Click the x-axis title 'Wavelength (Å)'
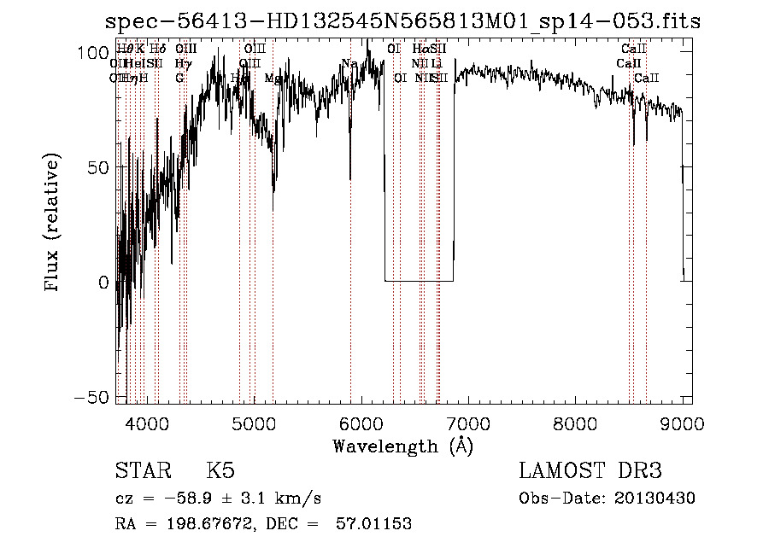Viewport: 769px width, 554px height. (403, 446)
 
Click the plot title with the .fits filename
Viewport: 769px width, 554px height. (402, 22)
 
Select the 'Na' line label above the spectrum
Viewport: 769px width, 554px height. (349, 63)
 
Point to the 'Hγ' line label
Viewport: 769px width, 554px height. (182, 63)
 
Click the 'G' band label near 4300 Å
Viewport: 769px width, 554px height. (179, 78)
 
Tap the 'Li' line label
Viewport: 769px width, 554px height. (437, 63)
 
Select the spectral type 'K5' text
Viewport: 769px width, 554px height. (221, 471)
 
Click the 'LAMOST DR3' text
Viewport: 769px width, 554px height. (590, 471)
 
